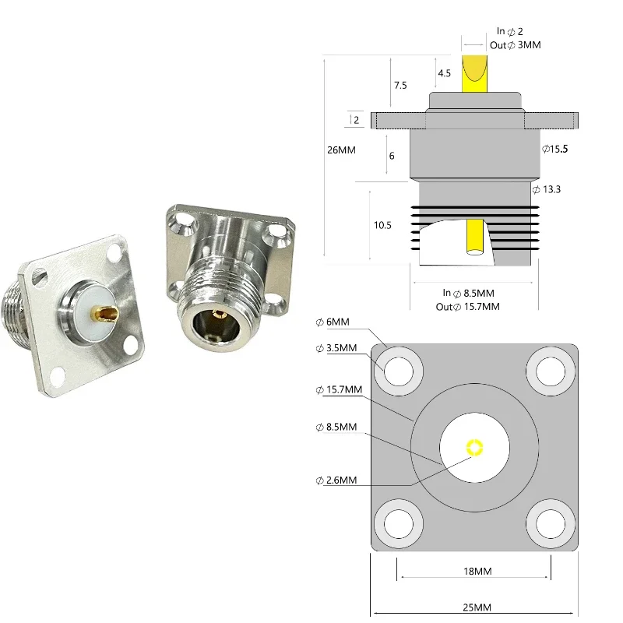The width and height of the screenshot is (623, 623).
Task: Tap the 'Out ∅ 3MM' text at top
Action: (516, 45)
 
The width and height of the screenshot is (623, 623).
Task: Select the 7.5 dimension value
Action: (399, 86)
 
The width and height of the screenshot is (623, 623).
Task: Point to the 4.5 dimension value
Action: (444, 73)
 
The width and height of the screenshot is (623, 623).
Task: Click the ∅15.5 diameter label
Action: (555, 149)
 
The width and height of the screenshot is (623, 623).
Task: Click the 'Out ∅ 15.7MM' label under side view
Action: (467, 307)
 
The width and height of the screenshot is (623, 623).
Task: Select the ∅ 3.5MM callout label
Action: (338, 348)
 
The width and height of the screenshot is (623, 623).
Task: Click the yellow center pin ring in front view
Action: (474, 448)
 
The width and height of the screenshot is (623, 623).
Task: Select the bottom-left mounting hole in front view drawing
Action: (399, 523)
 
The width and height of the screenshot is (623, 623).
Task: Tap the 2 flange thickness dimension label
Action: (356, 120)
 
